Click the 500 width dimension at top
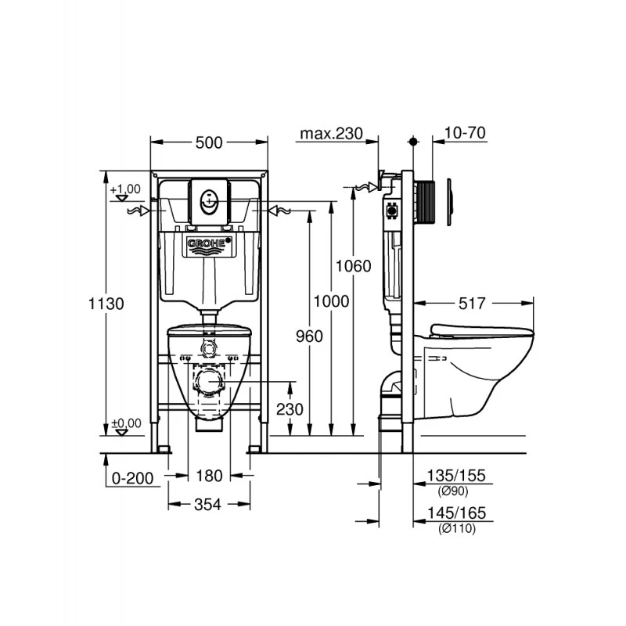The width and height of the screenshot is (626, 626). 209,142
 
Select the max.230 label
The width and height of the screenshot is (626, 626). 331,134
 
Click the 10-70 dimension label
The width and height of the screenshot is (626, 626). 464,134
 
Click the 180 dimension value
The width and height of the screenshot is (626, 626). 209,475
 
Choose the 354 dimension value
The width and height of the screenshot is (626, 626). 209,505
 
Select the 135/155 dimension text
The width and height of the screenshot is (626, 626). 456,475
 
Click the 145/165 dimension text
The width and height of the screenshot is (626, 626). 456,513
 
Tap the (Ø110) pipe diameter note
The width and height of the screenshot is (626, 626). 456,527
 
